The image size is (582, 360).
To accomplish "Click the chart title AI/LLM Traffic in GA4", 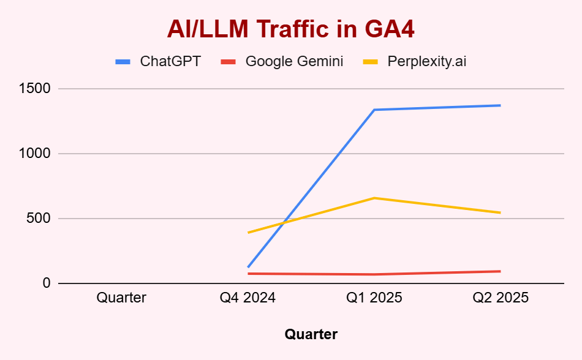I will point(291,29).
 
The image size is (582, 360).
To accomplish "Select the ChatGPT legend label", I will point(170,61).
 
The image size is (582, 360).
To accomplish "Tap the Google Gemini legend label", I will point(294,61).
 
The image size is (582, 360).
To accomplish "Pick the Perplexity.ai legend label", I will point(427,61).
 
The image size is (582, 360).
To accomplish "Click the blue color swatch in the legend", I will point(123,62).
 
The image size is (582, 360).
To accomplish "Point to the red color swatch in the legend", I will point(229,62).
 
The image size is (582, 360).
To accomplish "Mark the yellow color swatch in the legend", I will point(371,62).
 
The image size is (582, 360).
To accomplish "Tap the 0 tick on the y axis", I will point(47,283).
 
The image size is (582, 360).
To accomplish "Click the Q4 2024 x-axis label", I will point(248,298).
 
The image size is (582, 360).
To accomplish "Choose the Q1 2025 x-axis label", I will point(374,298).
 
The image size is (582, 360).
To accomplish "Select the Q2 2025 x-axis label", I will point(501,298).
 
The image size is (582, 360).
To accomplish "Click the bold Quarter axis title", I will point(311,334).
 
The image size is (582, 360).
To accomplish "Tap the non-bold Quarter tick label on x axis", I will point(121,298).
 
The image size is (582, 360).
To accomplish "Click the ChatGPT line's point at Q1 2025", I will point(374,110).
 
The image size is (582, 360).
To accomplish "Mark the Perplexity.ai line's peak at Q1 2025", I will point(374,198).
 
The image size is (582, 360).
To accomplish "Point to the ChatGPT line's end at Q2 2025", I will point(500,105).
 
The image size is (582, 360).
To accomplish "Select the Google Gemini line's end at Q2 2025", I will point(500,271).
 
